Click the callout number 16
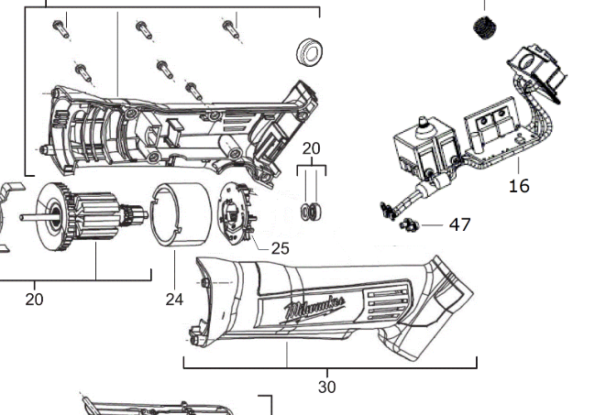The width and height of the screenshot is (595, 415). [x=519, y=186]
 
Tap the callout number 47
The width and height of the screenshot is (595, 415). [x=460, y=224]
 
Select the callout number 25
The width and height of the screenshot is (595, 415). [x=280, y=247]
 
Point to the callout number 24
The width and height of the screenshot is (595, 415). [x=174, y=298]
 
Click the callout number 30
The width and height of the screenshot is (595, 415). [x=326, y=387]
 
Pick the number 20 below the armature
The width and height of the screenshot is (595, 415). [x=34, y=299]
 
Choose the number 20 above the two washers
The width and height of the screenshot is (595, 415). [x=312, y=148]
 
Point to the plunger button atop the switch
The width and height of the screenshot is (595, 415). [x=424, y=122]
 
